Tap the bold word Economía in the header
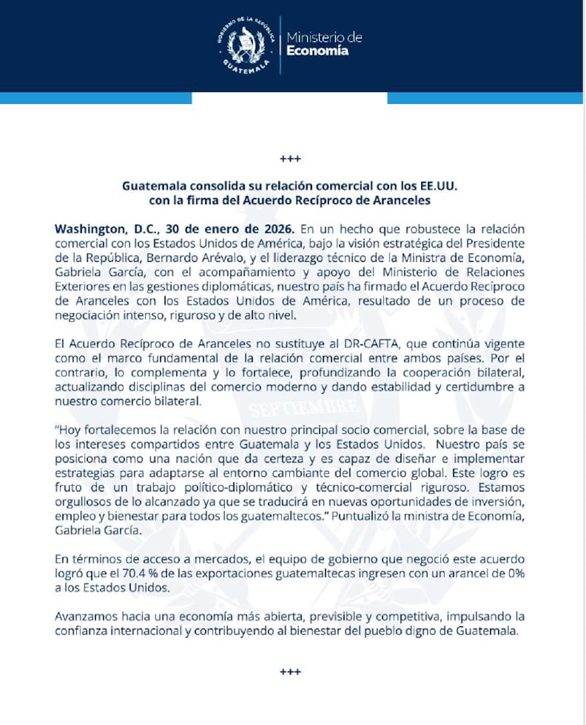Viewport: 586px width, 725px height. coord(317,51)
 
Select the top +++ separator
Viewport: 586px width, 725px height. coord(291,159)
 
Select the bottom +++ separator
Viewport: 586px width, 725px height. coord(291,672)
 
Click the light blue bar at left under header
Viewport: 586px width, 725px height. coord(95,98)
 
